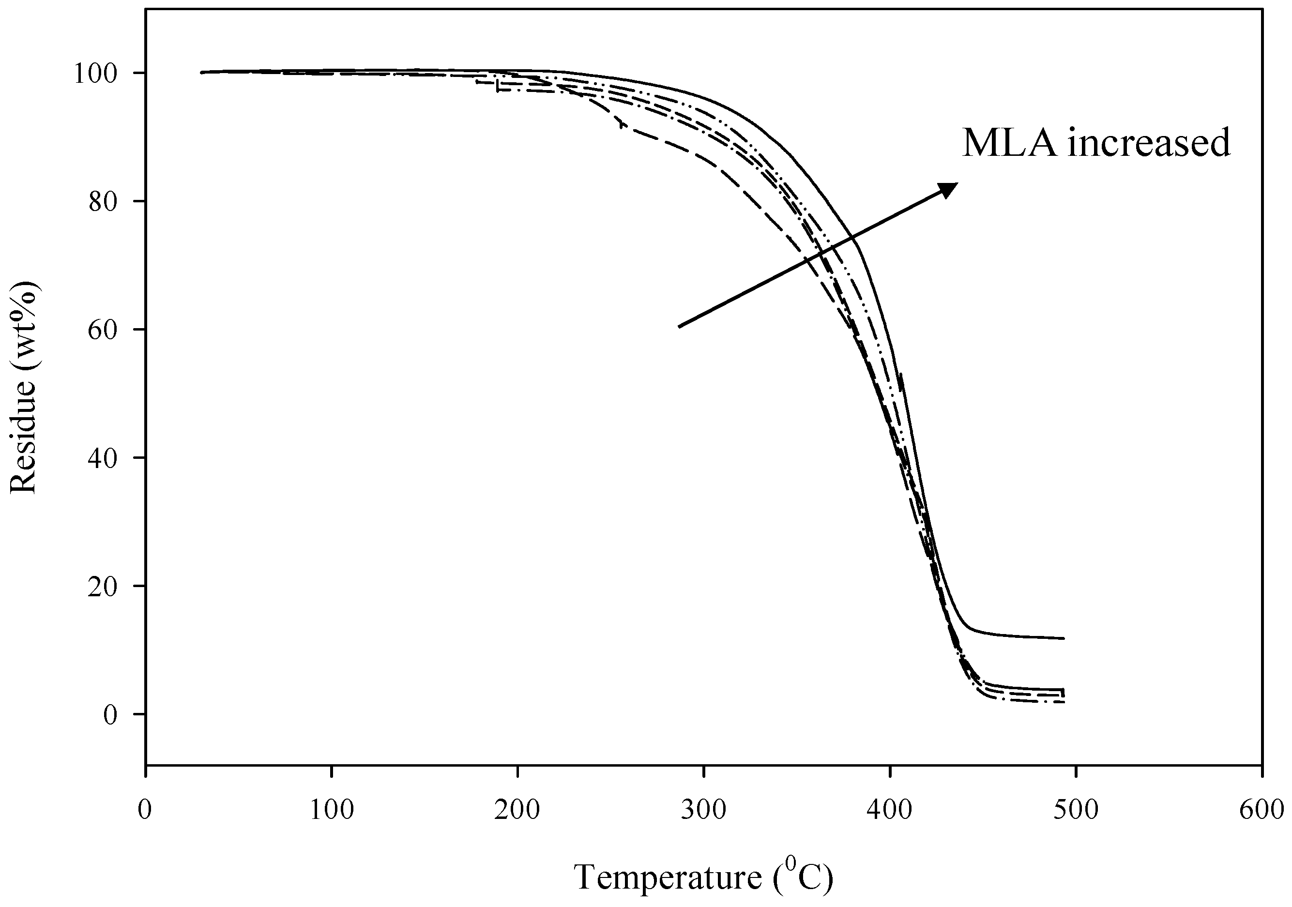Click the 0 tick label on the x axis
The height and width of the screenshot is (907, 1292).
tap(145, 810)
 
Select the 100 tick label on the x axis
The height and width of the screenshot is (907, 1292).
tap(332, 810)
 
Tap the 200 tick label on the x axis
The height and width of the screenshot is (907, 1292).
tap(517, 810)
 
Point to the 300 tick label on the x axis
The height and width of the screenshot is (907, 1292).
tap(704, 810)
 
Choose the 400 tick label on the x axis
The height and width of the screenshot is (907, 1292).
tap(890, 810)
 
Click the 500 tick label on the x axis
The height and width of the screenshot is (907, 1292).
tap(1077, 810)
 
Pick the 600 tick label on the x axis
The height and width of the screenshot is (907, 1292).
tap(1262, 810)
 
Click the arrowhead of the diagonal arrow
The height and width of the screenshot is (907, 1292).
tap(950, 188)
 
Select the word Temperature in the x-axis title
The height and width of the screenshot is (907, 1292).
tap(668, 877)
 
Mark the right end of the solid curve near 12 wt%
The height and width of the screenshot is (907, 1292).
tap(1064, 638)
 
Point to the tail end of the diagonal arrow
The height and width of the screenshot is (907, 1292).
tap(679, 326)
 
